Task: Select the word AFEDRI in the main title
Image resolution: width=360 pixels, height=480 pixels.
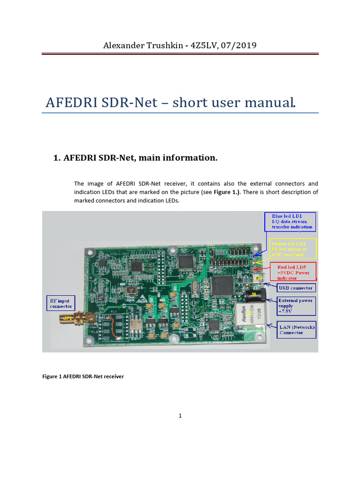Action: [x=71, y=102]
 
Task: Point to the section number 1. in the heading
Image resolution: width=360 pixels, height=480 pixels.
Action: [x=58, y=158]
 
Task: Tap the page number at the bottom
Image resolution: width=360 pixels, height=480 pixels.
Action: [x=180, y=415]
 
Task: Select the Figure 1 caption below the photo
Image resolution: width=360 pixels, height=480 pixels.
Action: [x=83, y=376]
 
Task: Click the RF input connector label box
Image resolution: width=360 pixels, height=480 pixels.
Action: [x=61, y=303]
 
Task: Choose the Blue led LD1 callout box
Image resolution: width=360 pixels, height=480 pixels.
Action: [x=291, y=221]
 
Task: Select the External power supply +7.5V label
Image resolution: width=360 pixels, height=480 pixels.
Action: [x=297, y=306]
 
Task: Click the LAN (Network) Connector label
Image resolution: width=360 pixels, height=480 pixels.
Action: [x=297, y=330]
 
